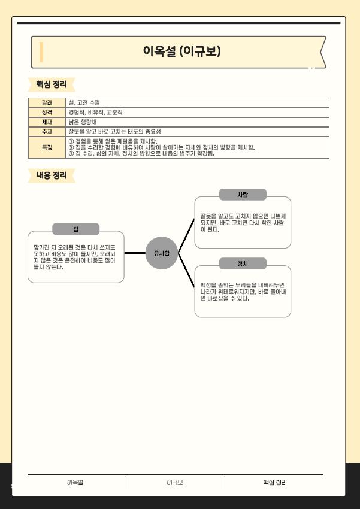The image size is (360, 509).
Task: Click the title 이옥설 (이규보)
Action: pyautogui.click(x=181, y=52)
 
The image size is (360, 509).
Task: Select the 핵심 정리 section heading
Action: pyautogui.click(x=52, y=83)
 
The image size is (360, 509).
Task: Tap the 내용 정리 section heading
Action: pyautogui.click(x=52, y=175)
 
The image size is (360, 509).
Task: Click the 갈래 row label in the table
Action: pyautogui.click(x=47, y=102)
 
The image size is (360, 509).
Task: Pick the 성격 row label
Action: pyautogui.click(x=47, y=112)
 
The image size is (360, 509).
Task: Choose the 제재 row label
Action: pyautogui.click(x=47, y=122)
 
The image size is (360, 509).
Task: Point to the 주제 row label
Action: pyautogui.click(x=47, y=131)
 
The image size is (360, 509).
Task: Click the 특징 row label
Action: pyautogui.click(x=47, y=147)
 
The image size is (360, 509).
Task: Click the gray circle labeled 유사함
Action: pyautogui.click(x=162, y=253)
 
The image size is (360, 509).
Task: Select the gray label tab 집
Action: pyautogui.click(x=76, y=229)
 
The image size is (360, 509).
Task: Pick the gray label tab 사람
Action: pyautogui.click(x=243, y=195)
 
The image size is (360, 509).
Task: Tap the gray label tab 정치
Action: pyautogui.click(x=243, y=263)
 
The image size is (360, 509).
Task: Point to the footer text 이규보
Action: pyautogui.click(x=175, y=483)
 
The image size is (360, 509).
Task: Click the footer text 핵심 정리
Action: pyautogui.click(x=274, y=483)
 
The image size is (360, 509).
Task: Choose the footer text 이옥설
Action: pyautogui.click(x=75, y=483)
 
